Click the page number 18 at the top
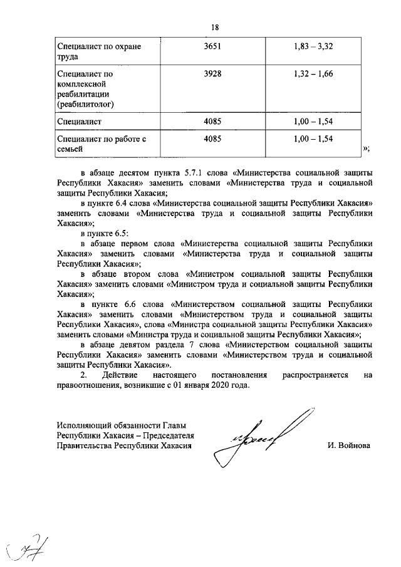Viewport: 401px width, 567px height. tap(214, 28)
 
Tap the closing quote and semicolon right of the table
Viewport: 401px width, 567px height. tap(367, 148)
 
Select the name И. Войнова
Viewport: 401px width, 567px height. tap(348, 445)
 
